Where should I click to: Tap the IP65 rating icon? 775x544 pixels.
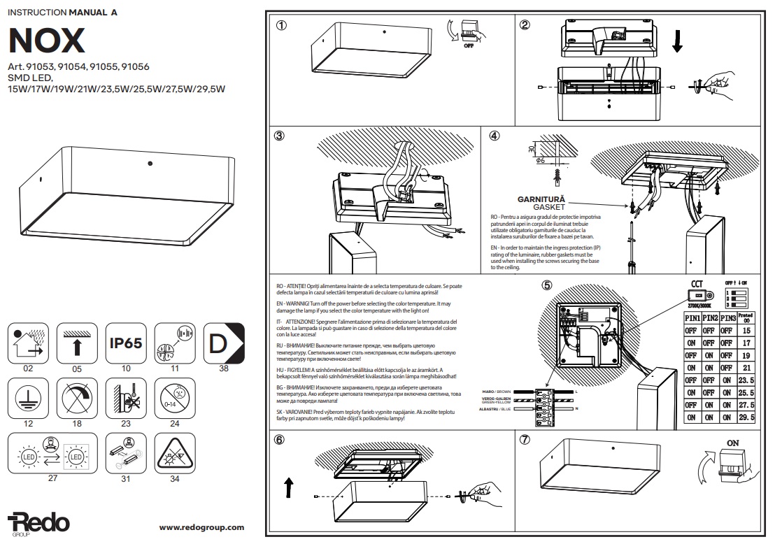click(126, 343)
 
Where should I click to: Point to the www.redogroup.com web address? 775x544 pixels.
click(201, 527)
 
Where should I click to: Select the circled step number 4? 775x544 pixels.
click(495, 136)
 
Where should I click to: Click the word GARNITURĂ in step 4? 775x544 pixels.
click(541, 199)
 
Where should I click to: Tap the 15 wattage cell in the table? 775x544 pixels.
click(746, 330)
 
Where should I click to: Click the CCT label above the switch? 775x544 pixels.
click(697, 284)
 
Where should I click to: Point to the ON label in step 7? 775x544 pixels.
click(733, 443)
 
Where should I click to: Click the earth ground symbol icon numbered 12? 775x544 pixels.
click(28, 399)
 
